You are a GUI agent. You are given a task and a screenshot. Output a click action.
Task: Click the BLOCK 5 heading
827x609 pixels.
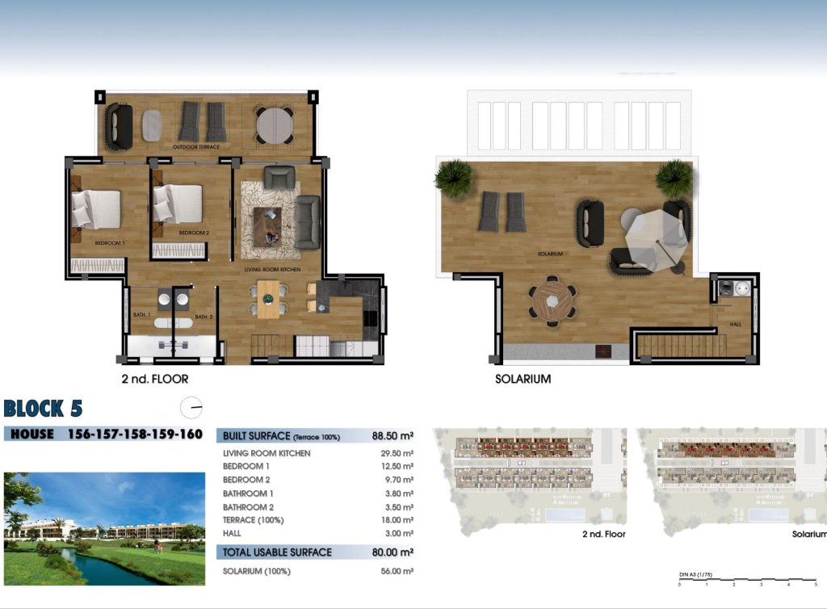pos(43,408)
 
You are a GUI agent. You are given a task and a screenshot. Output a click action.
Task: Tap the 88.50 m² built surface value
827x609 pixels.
pos(393,436)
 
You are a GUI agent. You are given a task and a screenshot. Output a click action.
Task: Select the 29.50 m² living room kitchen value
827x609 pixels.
pos(397,453)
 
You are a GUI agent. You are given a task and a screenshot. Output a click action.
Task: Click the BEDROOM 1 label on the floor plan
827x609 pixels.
pos(109,243)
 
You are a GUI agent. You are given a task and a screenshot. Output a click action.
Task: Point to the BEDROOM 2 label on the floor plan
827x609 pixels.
pos(194,233)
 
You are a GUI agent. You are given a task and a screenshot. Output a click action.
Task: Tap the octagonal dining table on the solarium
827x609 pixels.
pos(553,300)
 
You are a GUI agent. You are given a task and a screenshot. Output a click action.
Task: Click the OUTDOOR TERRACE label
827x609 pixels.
pos(195,147)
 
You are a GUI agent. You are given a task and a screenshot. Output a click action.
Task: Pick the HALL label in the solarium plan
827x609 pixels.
pos(735,324)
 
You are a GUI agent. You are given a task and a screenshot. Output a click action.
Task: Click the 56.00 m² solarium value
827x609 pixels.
pos(397,571)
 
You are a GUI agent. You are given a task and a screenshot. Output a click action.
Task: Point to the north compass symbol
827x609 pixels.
pos(192,407)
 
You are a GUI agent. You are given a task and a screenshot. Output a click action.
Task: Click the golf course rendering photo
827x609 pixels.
pos(104,528)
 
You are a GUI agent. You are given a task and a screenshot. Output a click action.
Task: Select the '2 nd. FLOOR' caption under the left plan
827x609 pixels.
pos(155,377)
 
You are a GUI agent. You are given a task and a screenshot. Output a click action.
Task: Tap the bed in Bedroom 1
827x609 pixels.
pos(96,208)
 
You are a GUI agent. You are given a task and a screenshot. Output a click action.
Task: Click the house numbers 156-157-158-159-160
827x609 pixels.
pos(135,434)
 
